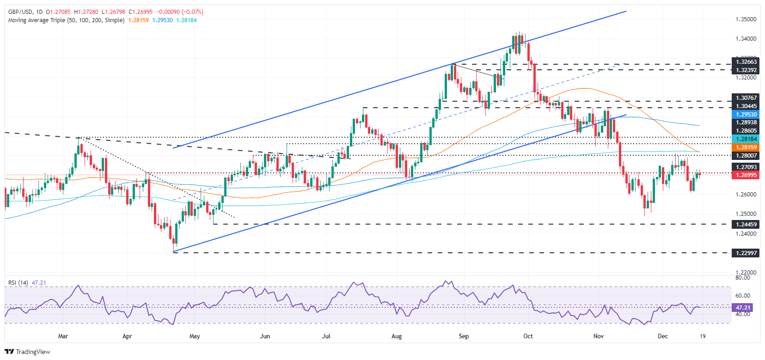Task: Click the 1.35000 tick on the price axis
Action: [746, 19]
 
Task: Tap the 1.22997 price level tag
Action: [746, 253]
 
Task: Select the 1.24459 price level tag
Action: [746, 224]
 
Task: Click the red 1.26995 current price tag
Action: [746, 175]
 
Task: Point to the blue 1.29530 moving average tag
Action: [746, 115]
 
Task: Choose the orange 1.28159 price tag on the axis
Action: [746, 147]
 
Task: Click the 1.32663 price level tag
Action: [746, 61]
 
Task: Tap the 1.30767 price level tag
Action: [746, 98]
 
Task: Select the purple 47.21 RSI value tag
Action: [743, 307]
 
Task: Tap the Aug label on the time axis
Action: [397, 336]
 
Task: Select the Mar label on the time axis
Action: [63, 336]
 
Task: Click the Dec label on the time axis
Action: [663, 336]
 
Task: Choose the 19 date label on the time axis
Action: [703, 336]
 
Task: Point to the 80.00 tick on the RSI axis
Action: [742, 277]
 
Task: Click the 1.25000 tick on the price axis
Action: [746, 214]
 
